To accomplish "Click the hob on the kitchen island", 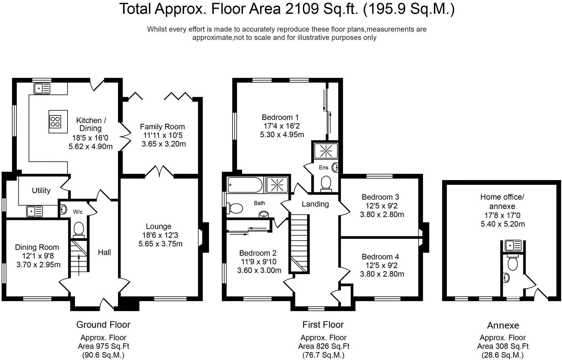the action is (55, 122).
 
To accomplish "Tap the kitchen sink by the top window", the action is (42, 88).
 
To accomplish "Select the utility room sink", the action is (34, 212).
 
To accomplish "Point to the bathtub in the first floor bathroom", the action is (245, 185).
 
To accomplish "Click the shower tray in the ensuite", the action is (326, 150).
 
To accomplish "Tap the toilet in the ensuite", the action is (326, 183).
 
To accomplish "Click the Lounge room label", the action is (159, 226).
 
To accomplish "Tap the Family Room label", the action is (162, 127).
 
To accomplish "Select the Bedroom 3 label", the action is (381, 197).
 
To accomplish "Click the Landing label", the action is (315, 204).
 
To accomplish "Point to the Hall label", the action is (104, 252).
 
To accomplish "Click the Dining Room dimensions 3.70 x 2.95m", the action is (39, 265).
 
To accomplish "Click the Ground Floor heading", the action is (103, 325).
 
